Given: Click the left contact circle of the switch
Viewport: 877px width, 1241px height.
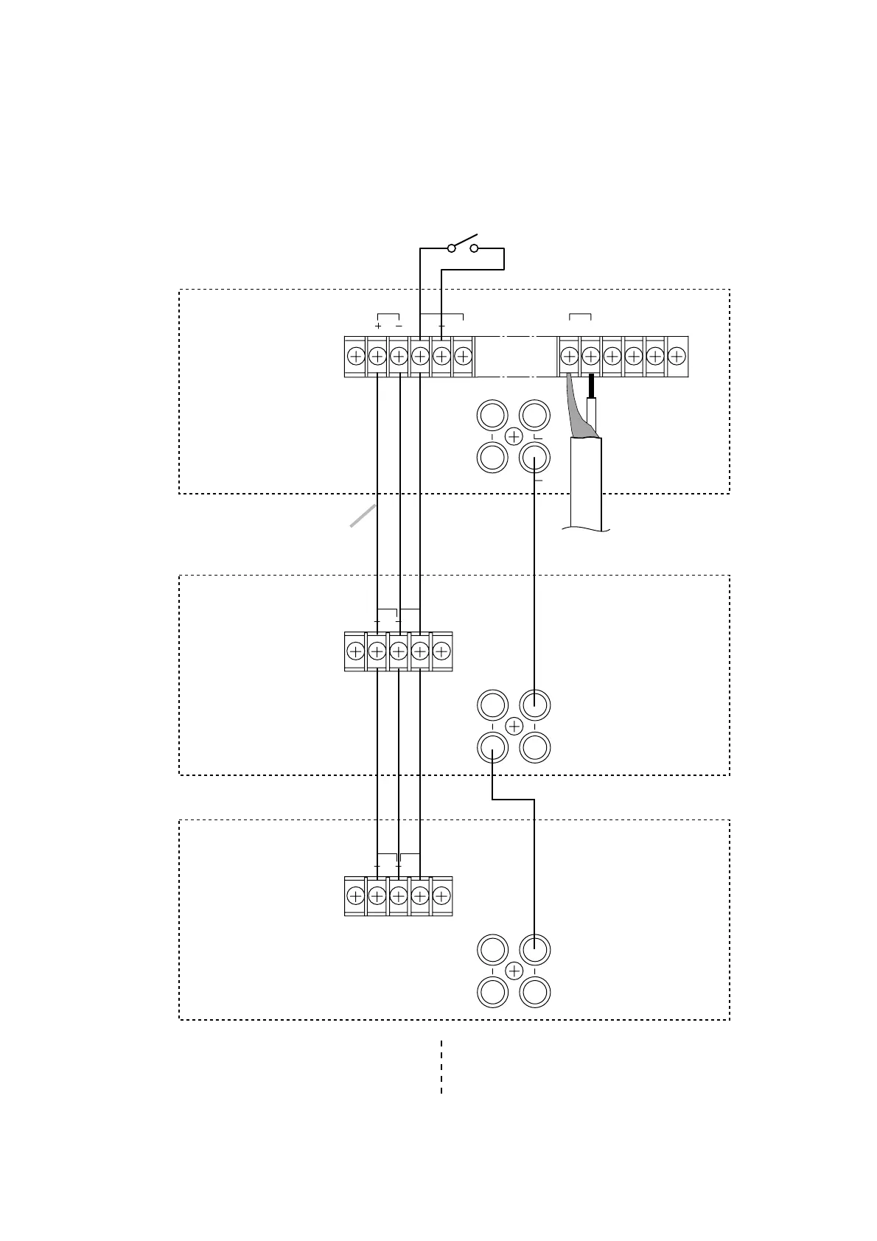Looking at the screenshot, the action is point(452,248).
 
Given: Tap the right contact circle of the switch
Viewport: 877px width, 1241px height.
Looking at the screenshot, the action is point(474,248).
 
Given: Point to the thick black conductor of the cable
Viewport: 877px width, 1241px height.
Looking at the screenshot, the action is point(591,385).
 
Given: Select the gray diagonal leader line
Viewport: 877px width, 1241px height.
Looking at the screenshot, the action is point(363,517).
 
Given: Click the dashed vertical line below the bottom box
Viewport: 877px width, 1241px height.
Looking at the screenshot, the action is point(441,1066).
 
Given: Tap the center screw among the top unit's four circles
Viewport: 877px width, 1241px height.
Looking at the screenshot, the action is point(514,437).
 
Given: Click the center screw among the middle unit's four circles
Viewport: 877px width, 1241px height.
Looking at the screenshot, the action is point(514,727).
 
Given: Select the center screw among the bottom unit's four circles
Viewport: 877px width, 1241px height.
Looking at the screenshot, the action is point(514,971).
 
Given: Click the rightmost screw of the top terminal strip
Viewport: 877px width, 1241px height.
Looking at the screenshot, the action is point(677,357).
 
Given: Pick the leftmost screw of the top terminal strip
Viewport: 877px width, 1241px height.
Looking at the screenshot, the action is point(355,357).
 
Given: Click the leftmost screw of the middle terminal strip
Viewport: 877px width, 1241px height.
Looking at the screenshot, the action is point(355,651).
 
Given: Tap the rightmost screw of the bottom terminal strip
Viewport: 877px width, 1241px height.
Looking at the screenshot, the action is point(441,896).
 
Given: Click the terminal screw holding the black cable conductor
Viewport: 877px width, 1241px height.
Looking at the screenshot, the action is point(590,357).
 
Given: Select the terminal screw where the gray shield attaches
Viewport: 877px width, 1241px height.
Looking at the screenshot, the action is point(569,357).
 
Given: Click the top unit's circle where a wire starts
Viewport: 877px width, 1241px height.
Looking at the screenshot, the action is point(534,458).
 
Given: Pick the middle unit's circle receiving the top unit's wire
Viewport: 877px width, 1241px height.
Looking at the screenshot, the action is point(534,705).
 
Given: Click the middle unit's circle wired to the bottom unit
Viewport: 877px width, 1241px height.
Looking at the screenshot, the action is point(492,748).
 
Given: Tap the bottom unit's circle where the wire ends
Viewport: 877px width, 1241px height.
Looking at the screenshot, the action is point(534,949).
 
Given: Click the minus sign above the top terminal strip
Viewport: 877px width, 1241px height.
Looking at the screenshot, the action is point(399,326).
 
